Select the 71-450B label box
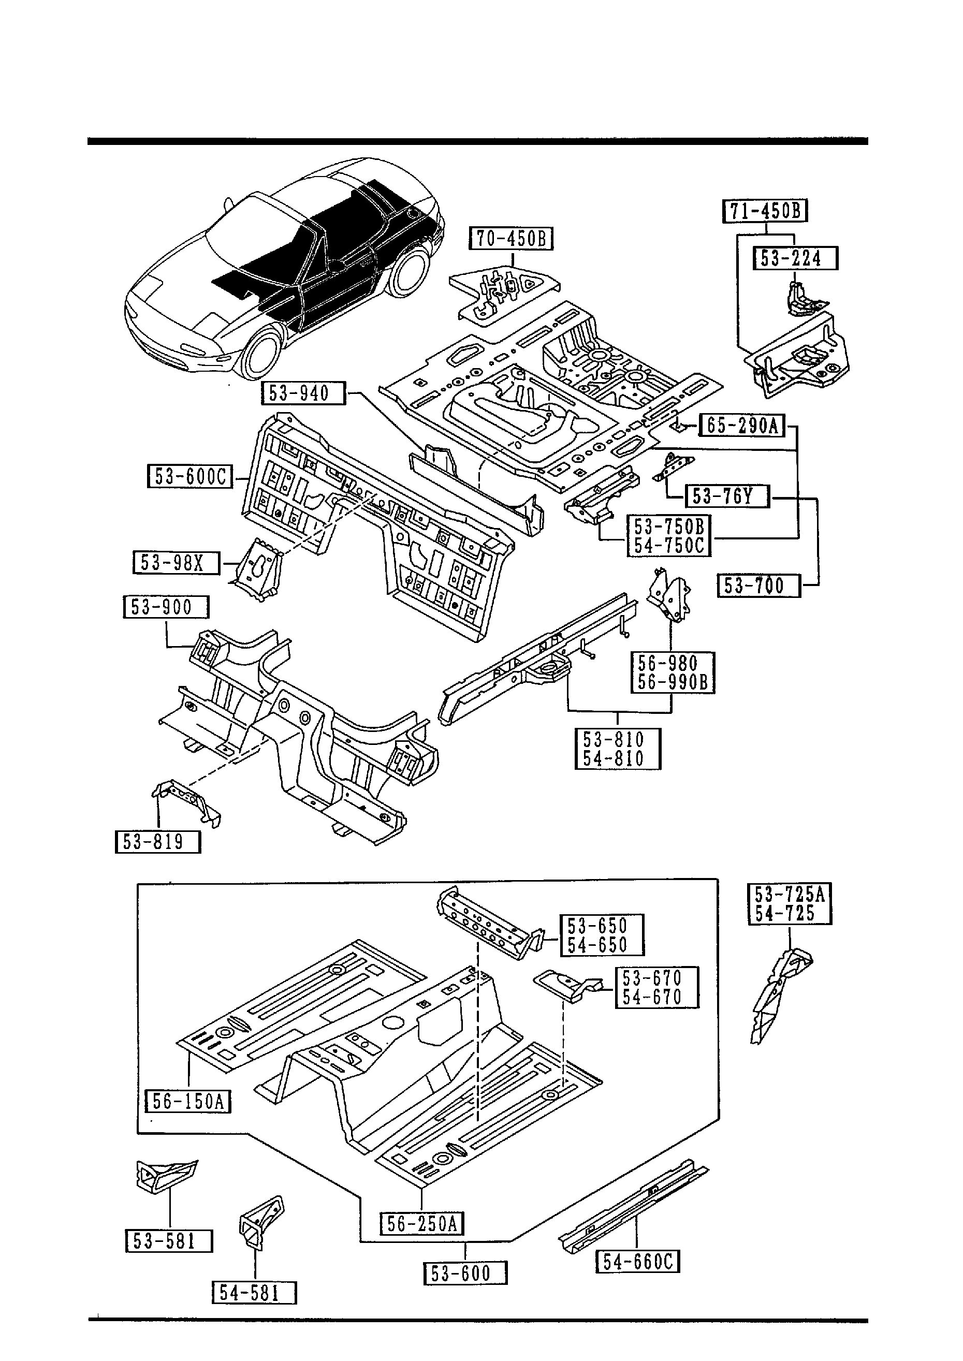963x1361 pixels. point(765,211)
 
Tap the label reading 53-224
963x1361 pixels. point(795,258)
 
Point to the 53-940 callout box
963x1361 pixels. point(303,393)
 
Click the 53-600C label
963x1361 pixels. point(190,477)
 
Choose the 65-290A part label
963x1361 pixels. point(742,426)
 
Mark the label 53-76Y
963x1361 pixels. point(727,495)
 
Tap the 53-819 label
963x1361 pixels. point(158,842)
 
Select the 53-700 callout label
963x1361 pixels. point(758,586)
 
